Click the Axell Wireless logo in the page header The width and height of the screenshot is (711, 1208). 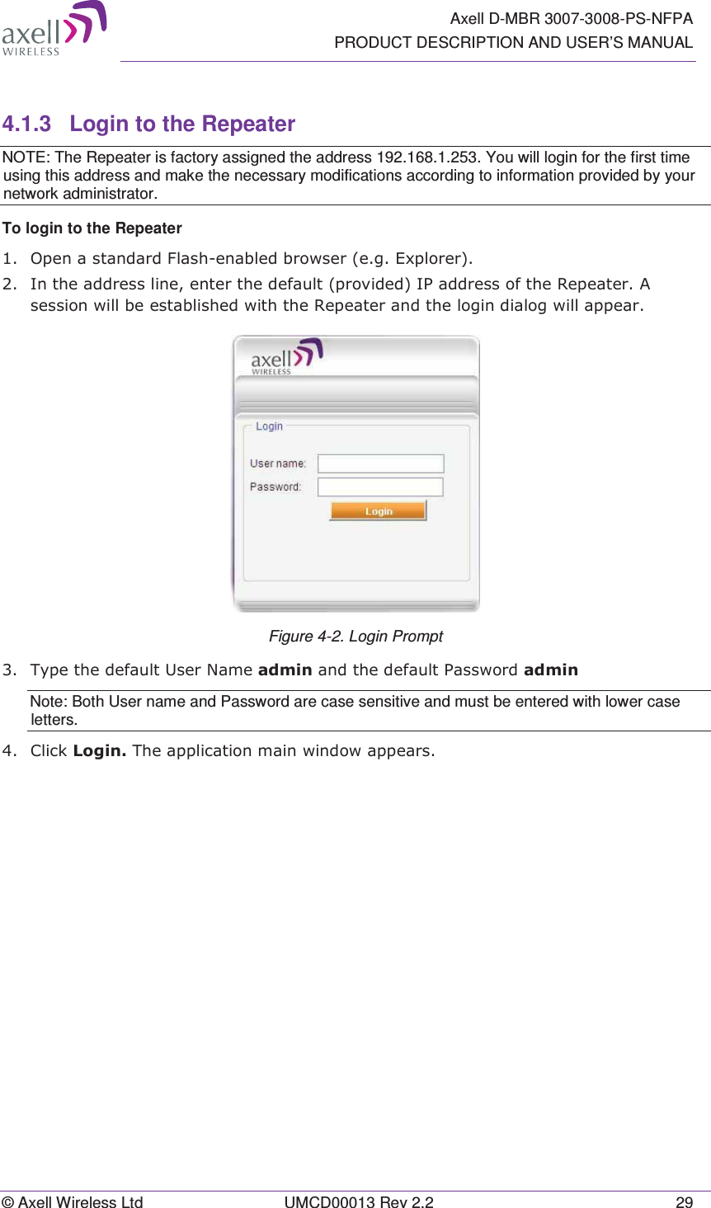pos(54,29)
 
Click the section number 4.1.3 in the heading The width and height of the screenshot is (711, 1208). pos(26,125)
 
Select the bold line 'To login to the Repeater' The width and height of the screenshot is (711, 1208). pos(92,228)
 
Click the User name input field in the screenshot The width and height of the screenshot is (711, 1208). pos(380,463)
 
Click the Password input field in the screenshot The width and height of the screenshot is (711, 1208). pos(380,487)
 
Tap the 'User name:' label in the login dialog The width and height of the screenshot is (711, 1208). pos(278,463)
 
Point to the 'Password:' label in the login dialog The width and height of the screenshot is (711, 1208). pos(275,487)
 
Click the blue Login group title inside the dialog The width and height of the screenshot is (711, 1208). pos(269,426)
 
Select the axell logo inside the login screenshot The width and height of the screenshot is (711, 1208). pos(286,357)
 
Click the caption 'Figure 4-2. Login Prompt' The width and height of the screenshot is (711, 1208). pos(355,637)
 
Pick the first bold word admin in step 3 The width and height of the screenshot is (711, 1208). pos(285,670)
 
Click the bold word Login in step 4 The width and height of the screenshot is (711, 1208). pos(99,751)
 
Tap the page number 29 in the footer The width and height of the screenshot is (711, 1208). pos(684,1202)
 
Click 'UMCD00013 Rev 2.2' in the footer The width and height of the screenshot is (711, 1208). pos(359,1202)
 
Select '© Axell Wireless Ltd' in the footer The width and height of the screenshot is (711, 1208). pos(73,1202)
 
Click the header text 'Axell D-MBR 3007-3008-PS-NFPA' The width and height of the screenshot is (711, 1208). pos(571,19)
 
